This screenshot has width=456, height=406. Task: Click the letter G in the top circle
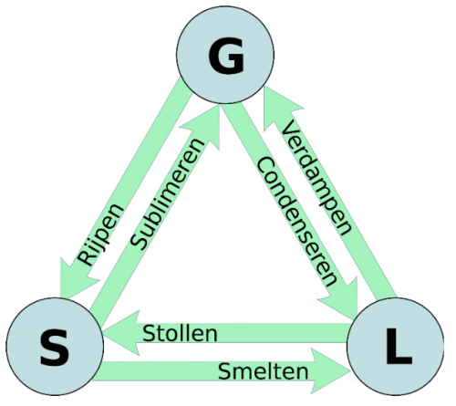226,56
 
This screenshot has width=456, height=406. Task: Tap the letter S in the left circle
55,348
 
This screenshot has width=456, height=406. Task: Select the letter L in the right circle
399,346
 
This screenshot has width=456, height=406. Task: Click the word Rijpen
100,234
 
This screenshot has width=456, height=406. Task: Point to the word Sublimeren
168,194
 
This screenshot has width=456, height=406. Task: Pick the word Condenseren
297,222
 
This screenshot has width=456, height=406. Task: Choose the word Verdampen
316,177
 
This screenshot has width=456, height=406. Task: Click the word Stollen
180,333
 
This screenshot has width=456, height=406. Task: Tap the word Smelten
264,371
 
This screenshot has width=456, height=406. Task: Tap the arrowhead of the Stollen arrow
121,333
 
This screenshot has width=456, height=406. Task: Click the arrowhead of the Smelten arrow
330,370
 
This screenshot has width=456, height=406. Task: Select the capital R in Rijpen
86,258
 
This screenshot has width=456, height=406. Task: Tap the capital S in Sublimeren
140,242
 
